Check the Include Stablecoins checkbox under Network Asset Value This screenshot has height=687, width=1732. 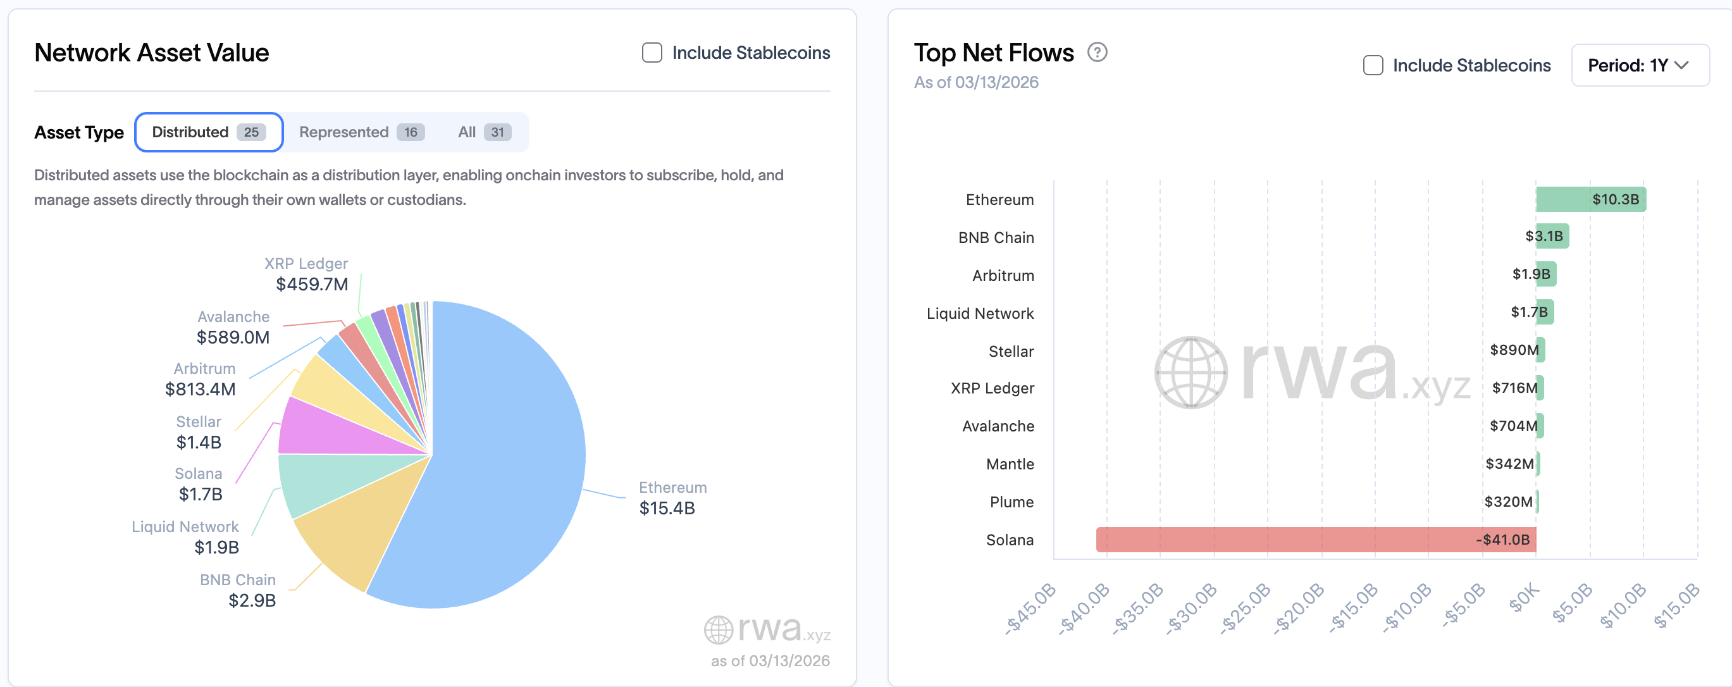pos(652,53)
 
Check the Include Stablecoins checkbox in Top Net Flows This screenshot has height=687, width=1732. pos(1372,65)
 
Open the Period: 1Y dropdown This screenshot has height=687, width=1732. pos(1639,65)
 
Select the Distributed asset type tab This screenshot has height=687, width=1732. pos(208,132)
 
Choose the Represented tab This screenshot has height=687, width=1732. pos(361,132)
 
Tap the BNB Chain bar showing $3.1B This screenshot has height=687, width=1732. pos(1551,236)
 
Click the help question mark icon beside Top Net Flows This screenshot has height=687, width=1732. pos(1097,52)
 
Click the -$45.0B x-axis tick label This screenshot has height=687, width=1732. pos(1030,608)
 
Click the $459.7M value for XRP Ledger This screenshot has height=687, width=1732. pos(312,284)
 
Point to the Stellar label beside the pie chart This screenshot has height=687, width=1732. pos(199,421)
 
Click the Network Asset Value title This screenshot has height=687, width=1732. pos(151,53)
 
